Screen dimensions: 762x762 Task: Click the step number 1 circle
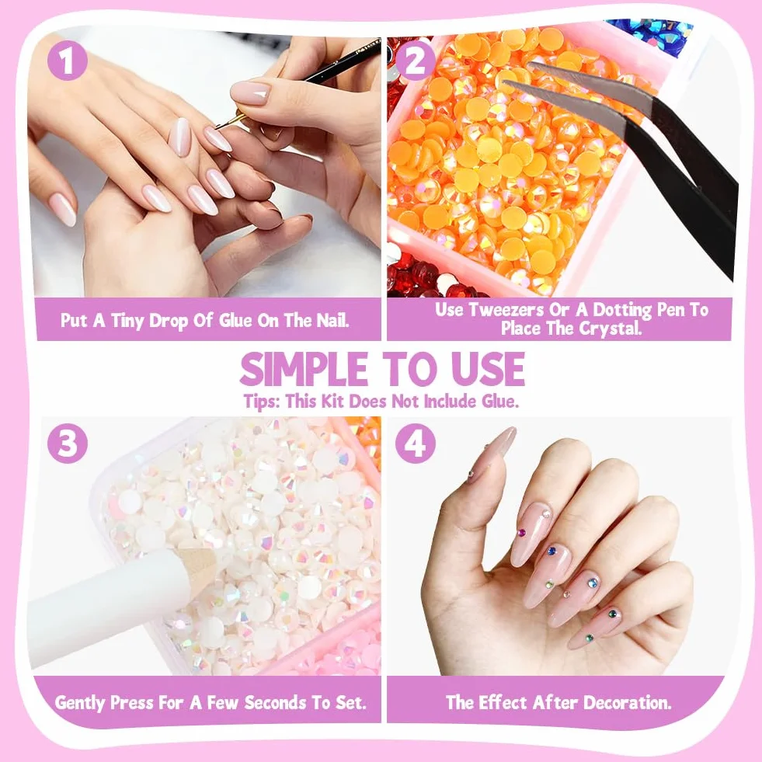(67, 61)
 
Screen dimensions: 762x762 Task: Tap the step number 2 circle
(415, 61)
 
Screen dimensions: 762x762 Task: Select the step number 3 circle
(68, 444)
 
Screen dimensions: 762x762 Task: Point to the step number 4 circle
(415, 444)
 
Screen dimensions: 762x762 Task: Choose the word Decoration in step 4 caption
(627, 702)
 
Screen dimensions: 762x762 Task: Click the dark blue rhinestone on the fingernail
(551, 551)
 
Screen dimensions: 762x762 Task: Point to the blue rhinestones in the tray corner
(649, 34)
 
